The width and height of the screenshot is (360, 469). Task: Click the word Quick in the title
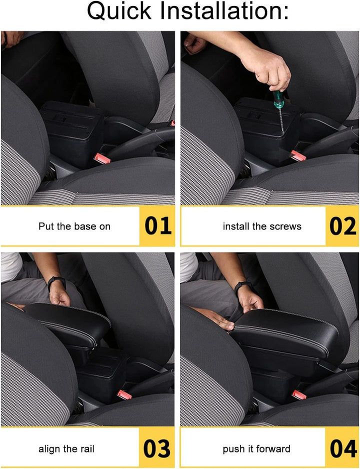pyautogui.click(x=119, y=11)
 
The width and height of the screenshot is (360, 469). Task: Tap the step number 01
pyautogui.click(x=158, y=225)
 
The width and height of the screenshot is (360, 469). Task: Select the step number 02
pyautogui.click(x=342, y=226)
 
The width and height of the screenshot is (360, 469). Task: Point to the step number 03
pyautogui.click(x=156, y=448)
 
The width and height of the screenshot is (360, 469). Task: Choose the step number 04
pyautogui.click(x=343, y=448)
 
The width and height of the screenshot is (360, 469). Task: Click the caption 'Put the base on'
pyautogui.click(x=74, y=226)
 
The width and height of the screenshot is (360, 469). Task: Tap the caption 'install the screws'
pyautogui.click(x=262, y=226)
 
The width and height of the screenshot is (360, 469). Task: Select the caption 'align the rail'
pyautogui.click(x=66, y=448)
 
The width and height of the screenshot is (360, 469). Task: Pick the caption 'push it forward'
pyautogui.click(x=256, y=448)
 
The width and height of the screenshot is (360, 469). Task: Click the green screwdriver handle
pyautogui.click(x=278, y=99)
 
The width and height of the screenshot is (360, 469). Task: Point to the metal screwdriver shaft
pyautogui.click(x=281, y=119)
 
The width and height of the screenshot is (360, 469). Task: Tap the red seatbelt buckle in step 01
pyautogui.click(x=102, y=158)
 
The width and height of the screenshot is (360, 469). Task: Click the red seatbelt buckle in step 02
pyautogui.click(x=298, y=155)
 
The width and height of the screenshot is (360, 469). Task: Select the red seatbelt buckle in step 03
pyautogui.click(x=124, y=395)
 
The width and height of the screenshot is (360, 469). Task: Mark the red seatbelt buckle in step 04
pyautogui.click(x=299, y=395)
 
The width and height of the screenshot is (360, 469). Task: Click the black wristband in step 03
pyautogui.click(x=56, y=282)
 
